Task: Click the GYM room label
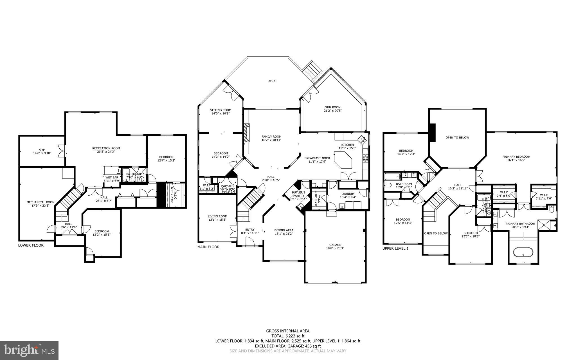[42, 150]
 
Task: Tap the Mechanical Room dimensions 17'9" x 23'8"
[40, 205]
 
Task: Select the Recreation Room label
[106, 148]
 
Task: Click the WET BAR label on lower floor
[112, 178]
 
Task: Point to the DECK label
[271, 81]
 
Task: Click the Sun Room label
[333, 107]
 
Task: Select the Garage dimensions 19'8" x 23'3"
[335, 248]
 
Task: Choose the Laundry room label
[348, 194]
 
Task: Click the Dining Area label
[284, 230]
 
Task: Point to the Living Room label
[217, 216]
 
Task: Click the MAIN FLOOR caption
[208, 247]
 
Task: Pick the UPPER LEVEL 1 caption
[395, 248]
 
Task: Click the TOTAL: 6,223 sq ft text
[288, 336]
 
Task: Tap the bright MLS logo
[29, 350]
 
